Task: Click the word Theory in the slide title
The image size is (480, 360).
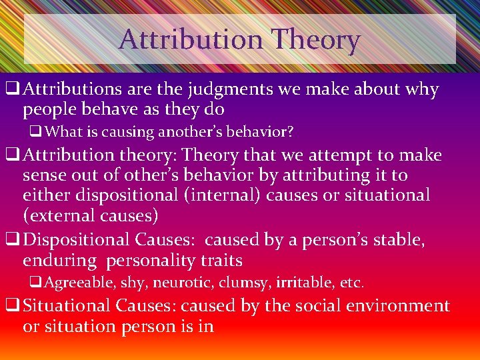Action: pyautogui.click(x=317, y=40)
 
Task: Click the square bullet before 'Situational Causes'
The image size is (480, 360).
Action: pyautogui.click(x=11, y=306)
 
